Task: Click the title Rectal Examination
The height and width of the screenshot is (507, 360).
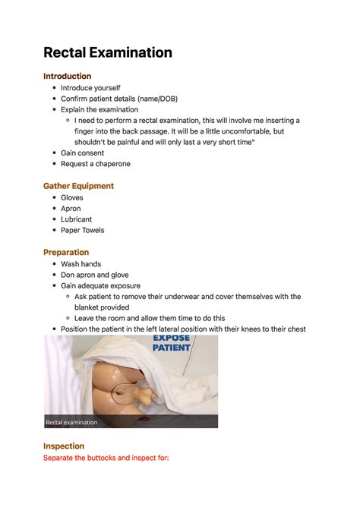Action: pyautogui.click(x=107, y=52)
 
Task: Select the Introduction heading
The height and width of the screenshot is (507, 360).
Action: pyautogui.click(x=67, y=76)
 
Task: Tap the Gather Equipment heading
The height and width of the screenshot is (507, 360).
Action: pyautogui.click(x=78, y=186)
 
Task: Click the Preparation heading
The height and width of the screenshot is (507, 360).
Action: pyautogui.click(x=66, y=252)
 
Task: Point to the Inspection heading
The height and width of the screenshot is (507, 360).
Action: pyautogui.click(x=64, y=446)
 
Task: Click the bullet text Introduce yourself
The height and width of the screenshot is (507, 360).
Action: pyautogui.click(x=90, y=88)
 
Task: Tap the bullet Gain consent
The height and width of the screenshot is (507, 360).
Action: pyautogui.click(x=83, y=153)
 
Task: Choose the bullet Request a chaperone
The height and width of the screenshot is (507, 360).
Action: pyautogui.click(x=96, y=164)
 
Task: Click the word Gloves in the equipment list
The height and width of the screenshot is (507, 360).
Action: pyautogui.click(x=72, y=198)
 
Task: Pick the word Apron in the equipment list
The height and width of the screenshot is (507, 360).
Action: pyautogui.click(x=71, y=209)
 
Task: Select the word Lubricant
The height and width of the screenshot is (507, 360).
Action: pyautogui.click(x=76, y=219)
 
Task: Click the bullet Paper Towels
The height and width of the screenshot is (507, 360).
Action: pyautogui.click(x=83, y=230)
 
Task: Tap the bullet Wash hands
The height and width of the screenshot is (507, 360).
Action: pyautogui.click(x=81, y=264)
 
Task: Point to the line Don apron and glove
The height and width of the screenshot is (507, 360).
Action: pyautogui.click(x=95, y=275)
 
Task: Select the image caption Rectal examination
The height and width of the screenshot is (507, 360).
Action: pyautogui.click(x=71, y=422)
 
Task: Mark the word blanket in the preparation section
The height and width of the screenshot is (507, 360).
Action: pyautogui.click(x=89, y=307)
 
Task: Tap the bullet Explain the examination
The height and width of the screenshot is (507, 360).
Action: pyautogui.click(x=99, y=110)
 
